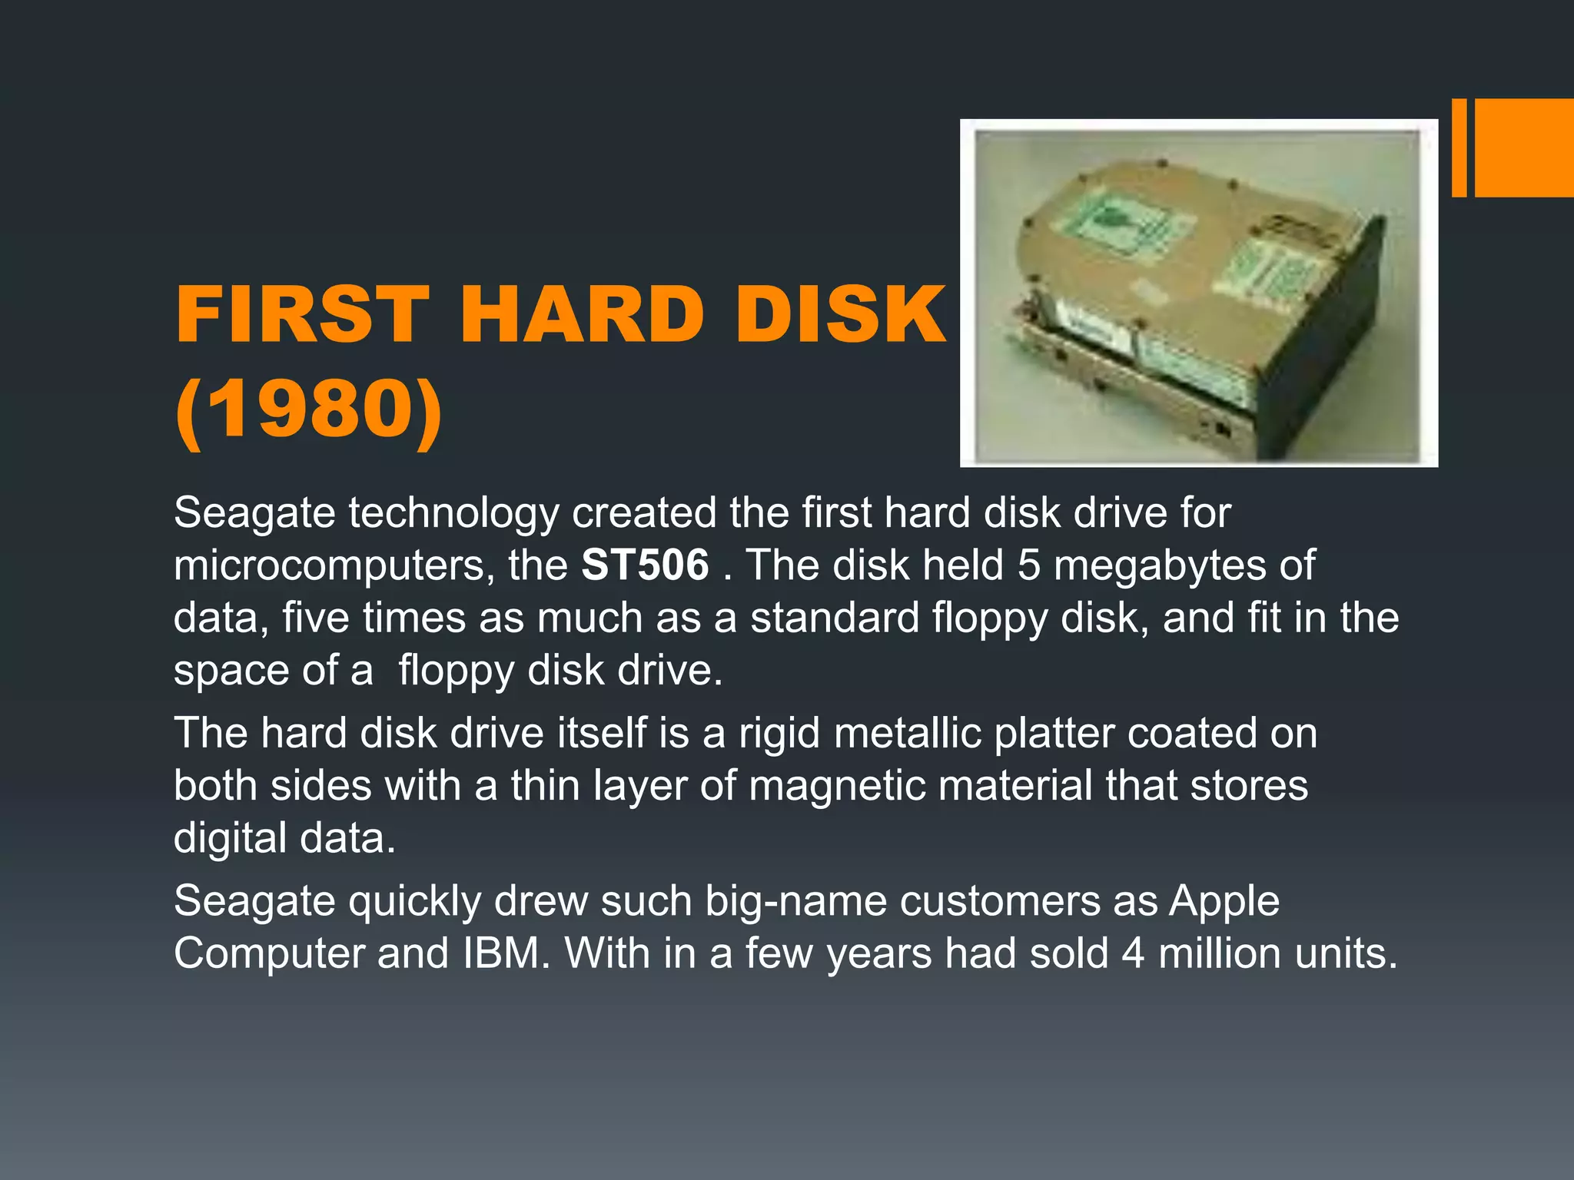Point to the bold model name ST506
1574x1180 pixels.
coord(645,565)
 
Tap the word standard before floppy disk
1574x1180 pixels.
coord(835,618)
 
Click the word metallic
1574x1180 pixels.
coord(908,733)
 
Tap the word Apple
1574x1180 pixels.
coord(1224,901)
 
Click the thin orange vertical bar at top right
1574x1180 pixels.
coord(1459,147)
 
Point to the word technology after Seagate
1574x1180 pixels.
coord(453,513)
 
